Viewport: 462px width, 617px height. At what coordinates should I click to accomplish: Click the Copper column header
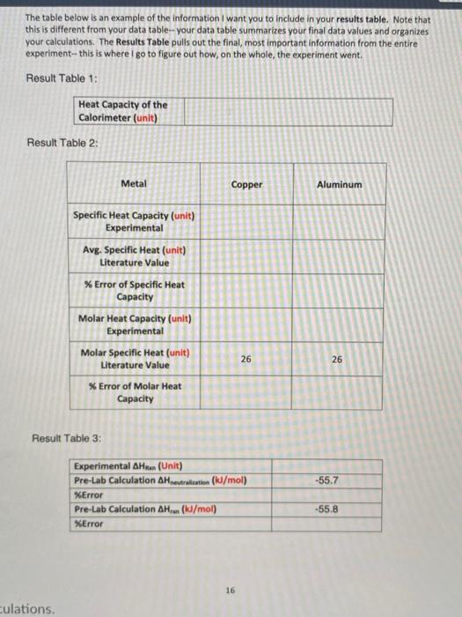pyautogui.click(x=246, y=184)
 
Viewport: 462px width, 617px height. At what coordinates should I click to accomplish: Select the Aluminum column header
pyautogui.click(x=338, y=184)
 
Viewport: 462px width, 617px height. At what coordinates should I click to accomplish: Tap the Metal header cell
pyautogui.click(x=134, y=183)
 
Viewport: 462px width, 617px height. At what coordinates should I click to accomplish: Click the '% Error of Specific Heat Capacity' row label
pyautogui.click(x=134, y=290)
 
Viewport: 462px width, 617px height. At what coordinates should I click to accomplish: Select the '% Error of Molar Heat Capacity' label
pyautogui.click(x=134, y=392)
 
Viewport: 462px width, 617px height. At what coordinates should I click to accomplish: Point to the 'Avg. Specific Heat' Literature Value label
pyautogui.click(x=134, y=256)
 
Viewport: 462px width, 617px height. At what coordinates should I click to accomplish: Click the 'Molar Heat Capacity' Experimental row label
pyautogui.click(x=134, y=324)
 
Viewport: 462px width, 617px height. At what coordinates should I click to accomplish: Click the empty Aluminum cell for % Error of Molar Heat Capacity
pyautogui.click(x=338, y=392)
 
